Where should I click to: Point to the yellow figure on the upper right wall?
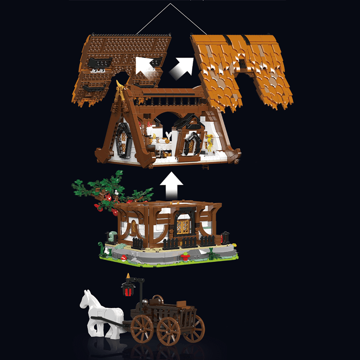(x=210, y=141)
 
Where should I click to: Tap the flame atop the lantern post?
(x=128, y=276)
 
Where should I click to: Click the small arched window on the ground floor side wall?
(x=134, y=226)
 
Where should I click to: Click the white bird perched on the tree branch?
(x=116, y=193)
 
